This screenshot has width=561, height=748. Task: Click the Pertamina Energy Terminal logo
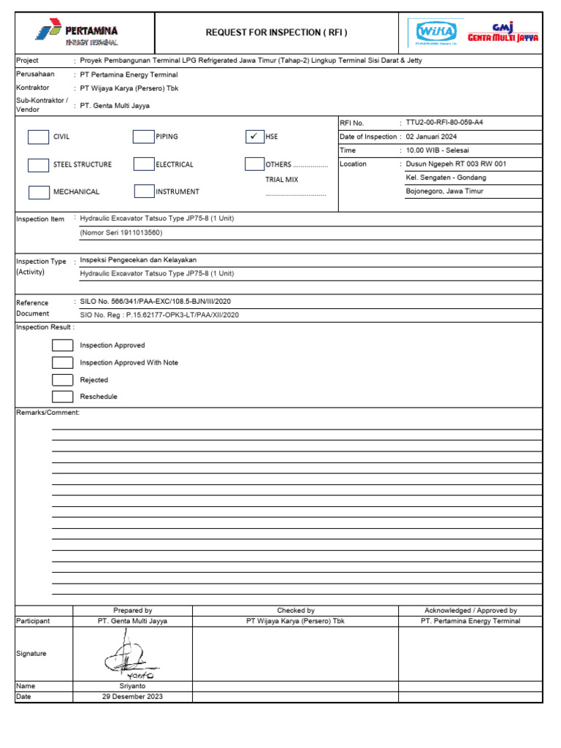tap(76, 34)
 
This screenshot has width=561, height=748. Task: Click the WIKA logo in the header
tap(436, 32)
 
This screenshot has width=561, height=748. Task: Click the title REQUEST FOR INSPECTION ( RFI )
tap(276, 32)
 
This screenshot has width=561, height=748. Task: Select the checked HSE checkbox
tap(255, 137)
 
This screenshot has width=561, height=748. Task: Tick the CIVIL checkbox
tap(38, 137)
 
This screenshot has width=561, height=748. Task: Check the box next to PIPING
tap(143, 137)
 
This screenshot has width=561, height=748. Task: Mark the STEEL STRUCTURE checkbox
tap(38, 164)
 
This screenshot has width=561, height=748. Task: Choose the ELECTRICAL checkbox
tap(143, 164)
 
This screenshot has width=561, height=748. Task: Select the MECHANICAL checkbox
tap(38, 192)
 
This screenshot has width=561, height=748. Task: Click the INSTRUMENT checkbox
tap(144, 191)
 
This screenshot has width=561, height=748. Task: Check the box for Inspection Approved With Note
tap(62, 362)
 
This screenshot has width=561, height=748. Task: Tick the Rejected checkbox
tap(62, 380)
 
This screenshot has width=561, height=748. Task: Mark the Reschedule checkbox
tap(62, 397)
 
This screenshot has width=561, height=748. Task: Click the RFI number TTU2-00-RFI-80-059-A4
tap(444, 123)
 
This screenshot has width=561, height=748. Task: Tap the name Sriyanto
tap(132, 687)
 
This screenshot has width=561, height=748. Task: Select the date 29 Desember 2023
tap(132, 697)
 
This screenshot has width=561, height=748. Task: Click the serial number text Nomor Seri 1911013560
tap(121, 233)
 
